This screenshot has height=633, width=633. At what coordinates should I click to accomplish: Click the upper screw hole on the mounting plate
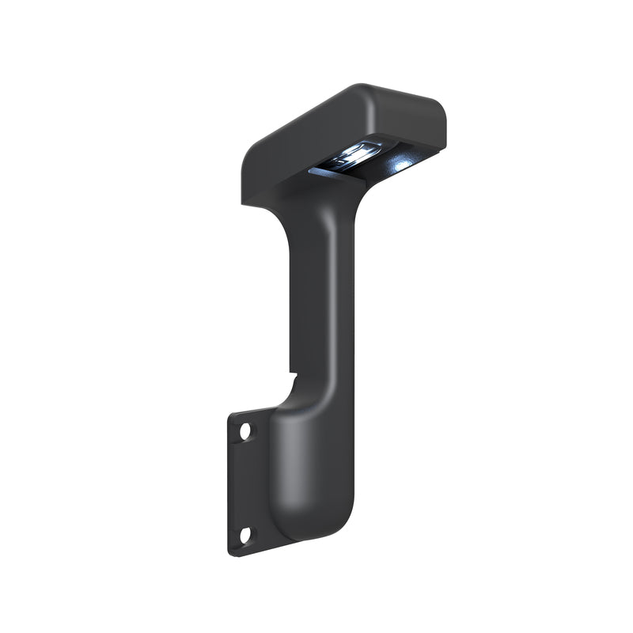(245, 431)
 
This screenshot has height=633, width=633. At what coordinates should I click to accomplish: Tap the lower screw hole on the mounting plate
(244, 535)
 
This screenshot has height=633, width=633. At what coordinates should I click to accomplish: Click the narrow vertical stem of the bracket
(324, 301)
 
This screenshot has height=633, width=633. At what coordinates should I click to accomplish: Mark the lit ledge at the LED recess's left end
(316, 170)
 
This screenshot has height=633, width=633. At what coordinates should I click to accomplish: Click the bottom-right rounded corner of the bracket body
(345, 525)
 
